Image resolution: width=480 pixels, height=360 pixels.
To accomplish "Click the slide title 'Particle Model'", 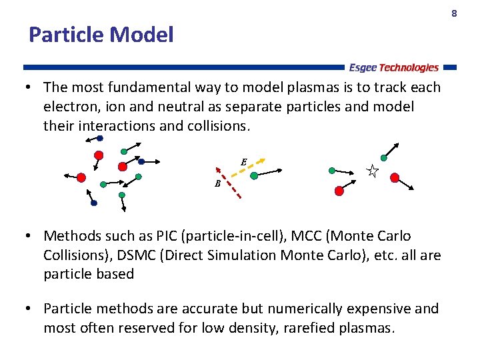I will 101,35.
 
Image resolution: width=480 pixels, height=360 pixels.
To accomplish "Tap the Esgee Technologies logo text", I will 393,67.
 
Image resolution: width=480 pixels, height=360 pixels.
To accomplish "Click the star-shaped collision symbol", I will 373,171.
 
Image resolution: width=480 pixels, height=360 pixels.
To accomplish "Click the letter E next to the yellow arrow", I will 244,161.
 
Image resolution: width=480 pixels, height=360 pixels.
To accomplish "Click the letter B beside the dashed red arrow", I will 217,183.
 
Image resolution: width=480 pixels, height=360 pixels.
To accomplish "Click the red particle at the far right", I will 395,177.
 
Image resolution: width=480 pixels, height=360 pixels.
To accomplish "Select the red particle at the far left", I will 81,177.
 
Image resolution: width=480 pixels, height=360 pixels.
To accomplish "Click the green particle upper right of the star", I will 383,158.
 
